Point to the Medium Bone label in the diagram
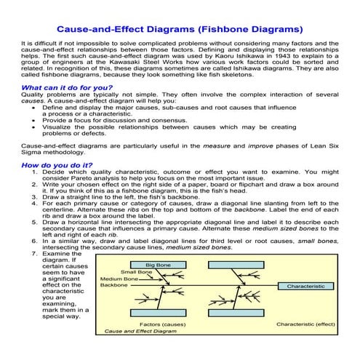[119, 279]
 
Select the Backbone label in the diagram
[113, 286]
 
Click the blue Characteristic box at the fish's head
[305, 287]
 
